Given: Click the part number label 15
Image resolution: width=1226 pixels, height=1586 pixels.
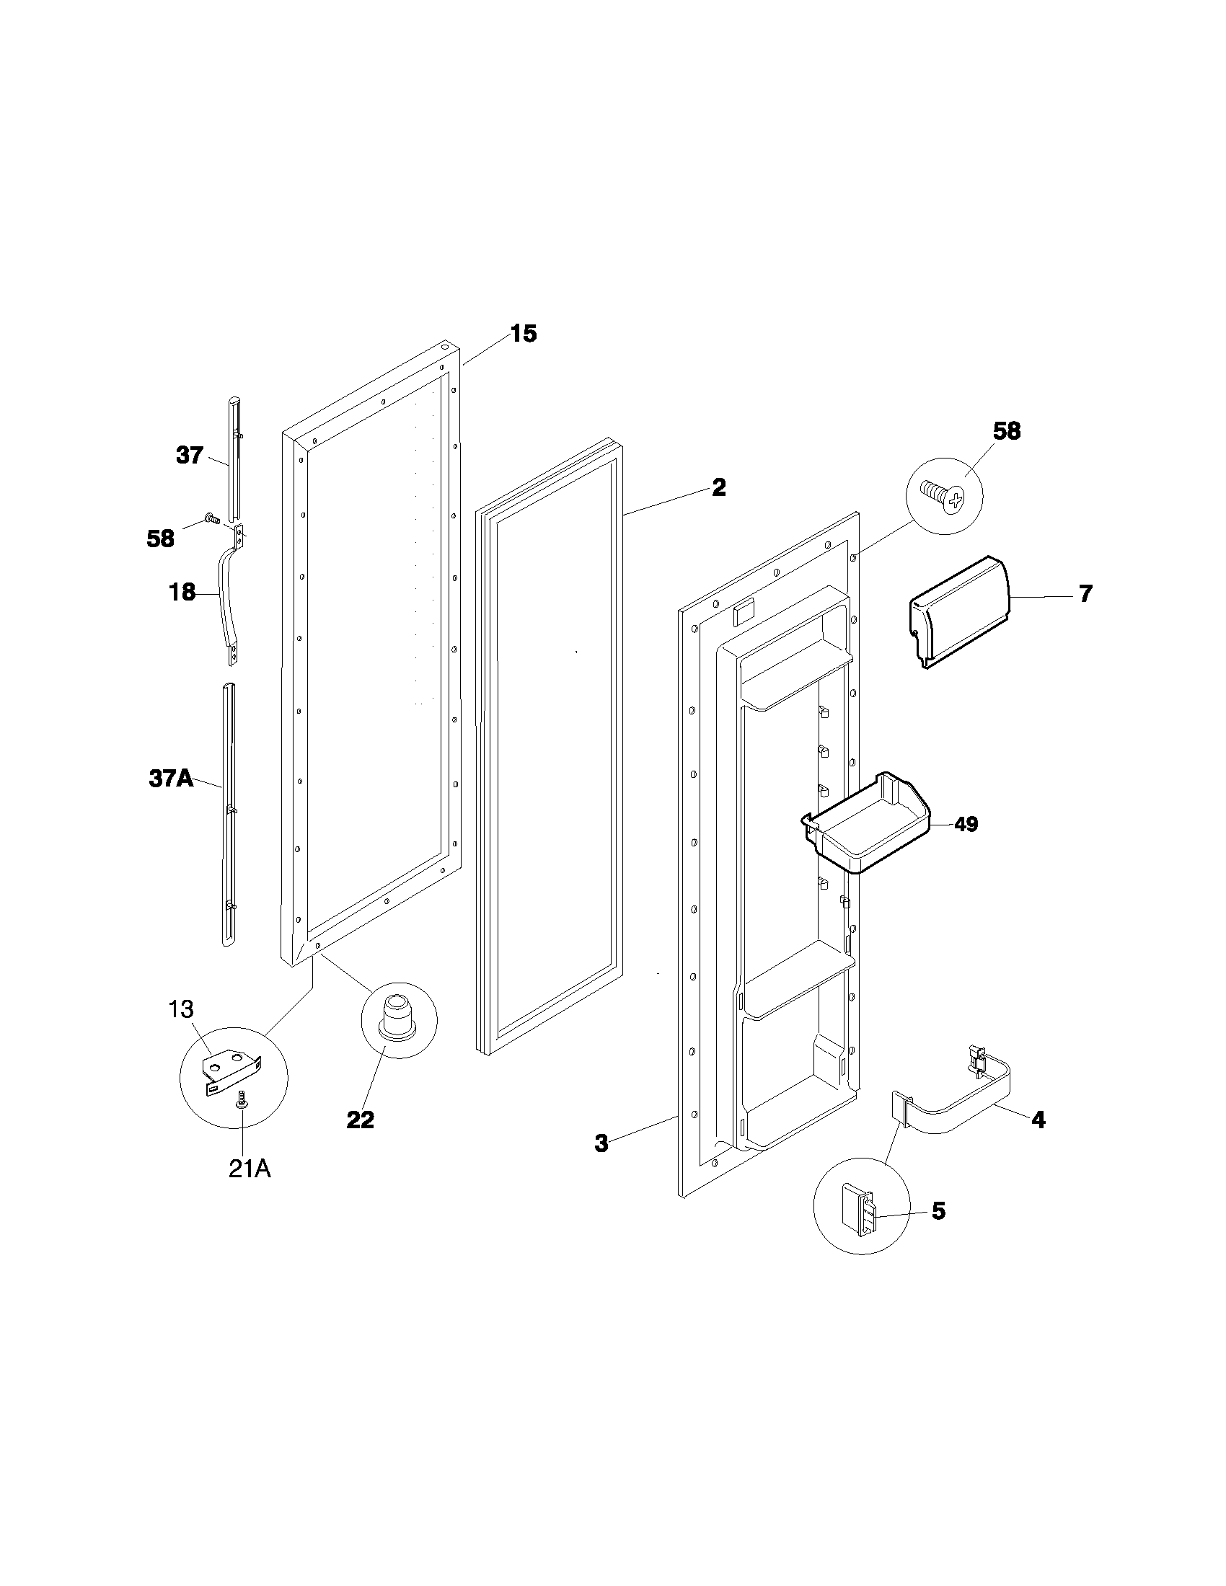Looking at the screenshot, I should tap(523, 334).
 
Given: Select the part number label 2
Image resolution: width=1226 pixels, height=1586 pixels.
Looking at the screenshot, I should tap(718, 487).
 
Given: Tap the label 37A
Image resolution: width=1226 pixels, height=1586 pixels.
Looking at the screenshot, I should tap(172, 779).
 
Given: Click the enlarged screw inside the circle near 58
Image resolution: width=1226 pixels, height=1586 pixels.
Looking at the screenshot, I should tap(942, 497).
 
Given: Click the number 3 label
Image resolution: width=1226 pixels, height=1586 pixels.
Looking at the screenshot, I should tap(601, 1144).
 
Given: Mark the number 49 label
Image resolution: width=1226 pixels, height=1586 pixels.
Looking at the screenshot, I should tap(966, 824).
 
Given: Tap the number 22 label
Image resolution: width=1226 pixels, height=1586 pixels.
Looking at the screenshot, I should tap(360, 1120).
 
